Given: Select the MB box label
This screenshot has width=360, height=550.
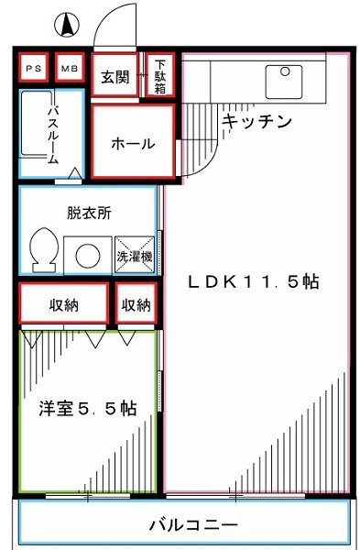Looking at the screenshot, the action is pos(68,68).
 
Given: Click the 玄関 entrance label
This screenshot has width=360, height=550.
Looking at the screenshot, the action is pos(115,76).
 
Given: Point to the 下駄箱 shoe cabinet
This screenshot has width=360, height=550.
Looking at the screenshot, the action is pos(159,75).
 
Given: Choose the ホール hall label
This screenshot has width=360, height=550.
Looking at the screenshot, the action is pos(132,144).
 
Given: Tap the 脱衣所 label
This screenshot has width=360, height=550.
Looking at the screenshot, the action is pos(89,213).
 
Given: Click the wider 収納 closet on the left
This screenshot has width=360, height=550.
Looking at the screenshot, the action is pos(62,304).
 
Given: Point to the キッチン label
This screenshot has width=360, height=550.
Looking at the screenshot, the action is pos(256,121).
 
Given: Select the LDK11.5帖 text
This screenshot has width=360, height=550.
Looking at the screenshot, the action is pos(254,281).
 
